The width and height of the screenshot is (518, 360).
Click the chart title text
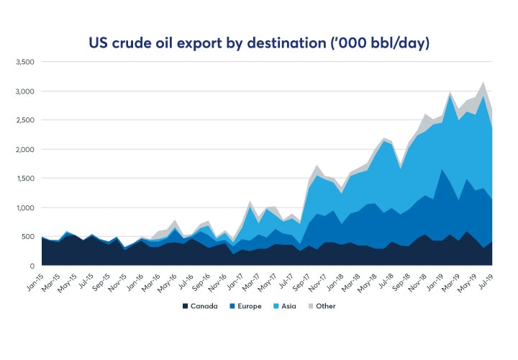click(x=259, y=43)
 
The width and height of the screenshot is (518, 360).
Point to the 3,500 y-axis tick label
click(x=24, y=63)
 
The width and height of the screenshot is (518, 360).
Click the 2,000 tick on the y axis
click(x=24, y=150)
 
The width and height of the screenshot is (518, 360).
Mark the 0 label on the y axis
click(x=32, y=266)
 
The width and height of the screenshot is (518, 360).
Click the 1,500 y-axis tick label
click(x=24, y=179)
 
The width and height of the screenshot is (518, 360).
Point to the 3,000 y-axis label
click(x=24, y=91)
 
